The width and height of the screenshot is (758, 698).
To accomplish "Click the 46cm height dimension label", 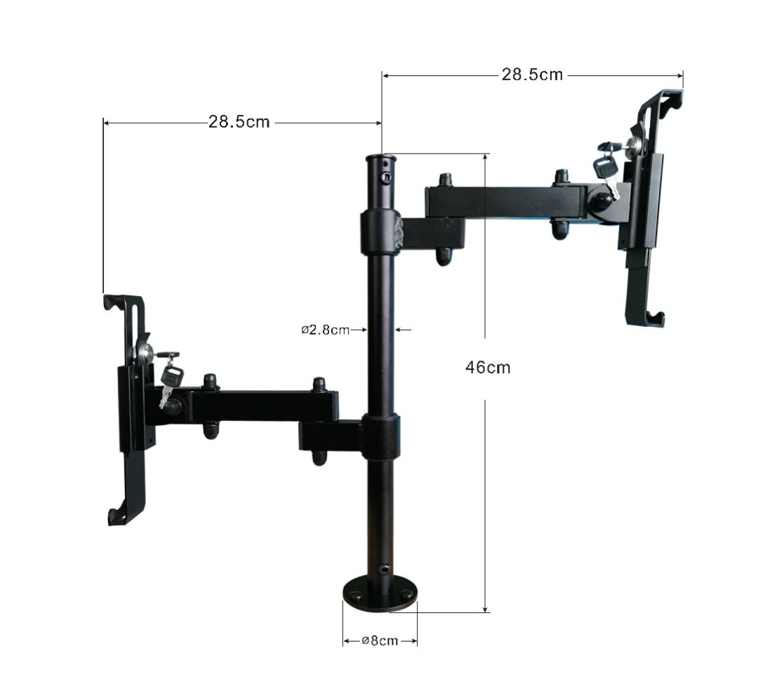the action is tap(488, 368).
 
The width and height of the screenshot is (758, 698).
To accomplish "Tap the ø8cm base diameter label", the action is tap(380, 641).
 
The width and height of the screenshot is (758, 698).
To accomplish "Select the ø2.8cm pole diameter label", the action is tap(326, 330).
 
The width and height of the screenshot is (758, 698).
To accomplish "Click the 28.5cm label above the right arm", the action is tap(532, 74).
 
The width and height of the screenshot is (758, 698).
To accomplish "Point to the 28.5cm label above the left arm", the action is tap(239, 121).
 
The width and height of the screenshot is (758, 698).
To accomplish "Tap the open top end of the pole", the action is tap(381, 158).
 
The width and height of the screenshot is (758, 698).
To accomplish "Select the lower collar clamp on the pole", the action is tap(381, 436).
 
